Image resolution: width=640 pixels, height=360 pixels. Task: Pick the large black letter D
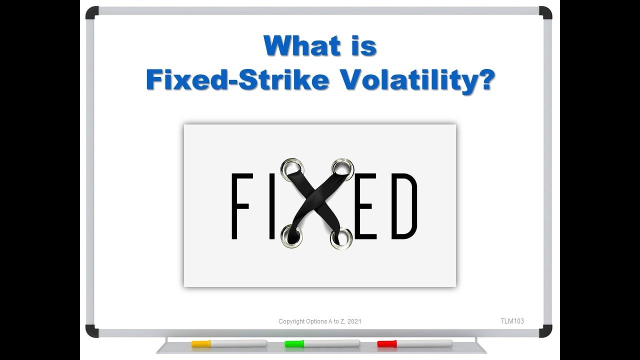click(x=403, y=206)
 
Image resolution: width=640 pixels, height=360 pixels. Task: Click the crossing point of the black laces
click(x=317, y=200)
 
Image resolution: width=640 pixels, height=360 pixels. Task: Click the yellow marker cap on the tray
click(x=200, y=343)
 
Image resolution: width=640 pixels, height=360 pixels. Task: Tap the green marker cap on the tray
click(x=294, y=343)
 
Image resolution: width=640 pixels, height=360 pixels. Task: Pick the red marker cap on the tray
click(x=386, y=343)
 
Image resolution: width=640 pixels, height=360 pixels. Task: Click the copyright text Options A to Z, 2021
click(x=319, y=321)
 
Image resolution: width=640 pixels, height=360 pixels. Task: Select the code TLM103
click(x=512, y=321)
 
